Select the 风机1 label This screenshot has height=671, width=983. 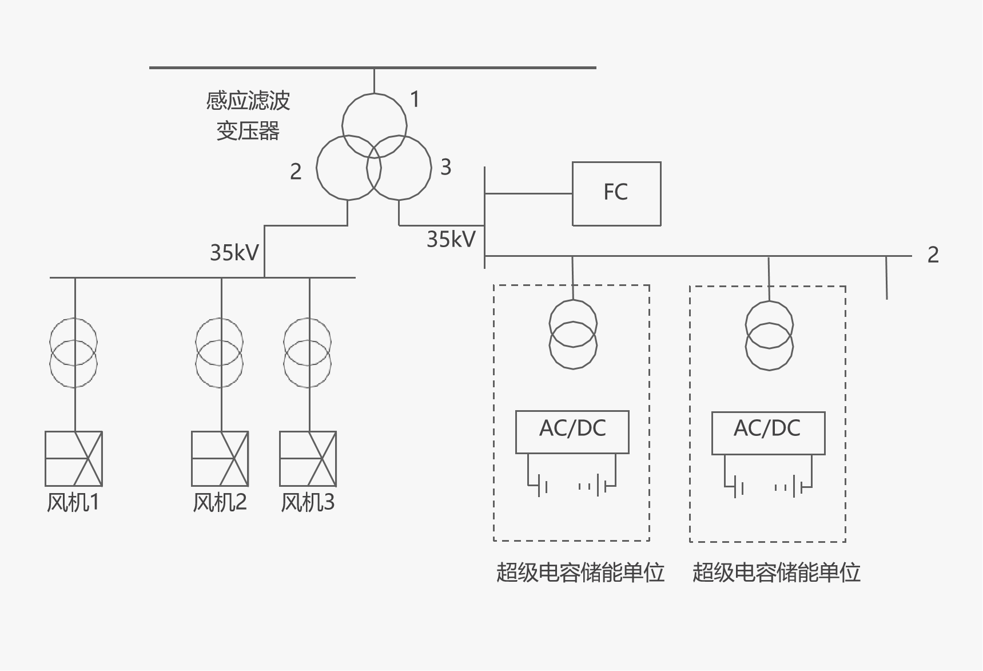tap(73, 502)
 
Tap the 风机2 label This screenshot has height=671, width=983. tap(220, 502)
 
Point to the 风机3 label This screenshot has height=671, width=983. tap(308, 502)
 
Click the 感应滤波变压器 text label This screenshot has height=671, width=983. tap(248, 116)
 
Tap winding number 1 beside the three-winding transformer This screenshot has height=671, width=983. tap(415, 100)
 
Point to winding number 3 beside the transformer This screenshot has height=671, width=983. tap(446, 167)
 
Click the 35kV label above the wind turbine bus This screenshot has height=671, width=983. tap(234, 252)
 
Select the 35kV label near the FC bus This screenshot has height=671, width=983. tap(451, 239)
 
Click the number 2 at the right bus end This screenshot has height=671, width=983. tap(933, 255)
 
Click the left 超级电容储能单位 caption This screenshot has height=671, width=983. tap(580, 572)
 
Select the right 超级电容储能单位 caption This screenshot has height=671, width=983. tap(776, 572)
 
